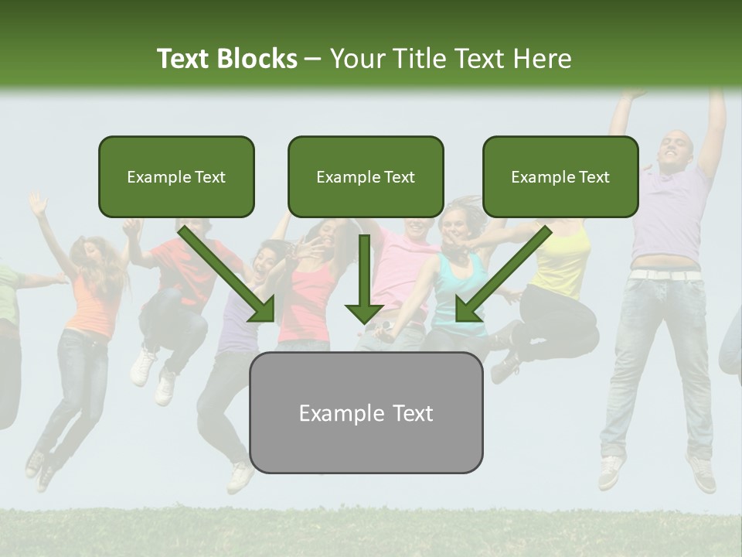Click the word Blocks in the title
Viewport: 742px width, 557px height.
point(257,59)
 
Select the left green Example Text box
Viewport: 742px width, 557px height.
point(176,176)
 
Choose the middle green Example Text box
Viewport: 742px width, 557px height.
point(366,176)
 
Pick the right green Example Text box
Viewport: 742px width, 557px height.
point(560,176)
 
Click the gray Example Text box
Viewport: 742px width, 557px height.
point(366,412)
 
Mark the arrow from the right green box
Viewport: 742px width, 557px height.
point(502,275)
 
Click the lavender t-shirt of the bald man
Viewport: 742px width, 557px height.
point(669,224)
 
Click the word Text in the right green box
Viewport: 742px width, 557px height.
point(594,176)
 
